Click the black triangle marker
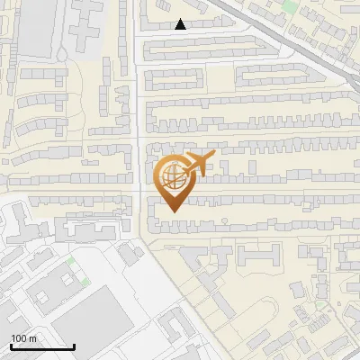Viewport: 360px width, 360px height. click(x=181, y=24)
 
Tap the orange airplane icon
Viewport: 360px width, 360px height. click(x=199, y=165)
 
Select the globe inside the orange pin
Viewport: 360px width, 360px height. click(x=172, y=176)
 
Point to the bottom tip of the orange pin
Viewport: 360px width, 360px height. click(x=172, y=212)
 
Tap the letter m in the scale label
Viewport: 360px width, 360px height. click(x=33, y=338)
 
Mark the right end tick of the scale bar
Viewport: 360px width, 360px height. click(x=74, y=346)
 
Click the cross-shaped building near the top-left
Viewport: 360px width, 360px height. click(x=85, y=18)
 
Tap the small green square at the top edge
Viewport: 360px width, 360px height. click(x=289, y=4)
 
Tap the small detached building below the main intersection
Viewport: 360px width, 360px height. click(x=129, y=254)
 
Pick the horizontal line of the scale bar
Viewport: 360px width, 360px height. click(x=41, y=346)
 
